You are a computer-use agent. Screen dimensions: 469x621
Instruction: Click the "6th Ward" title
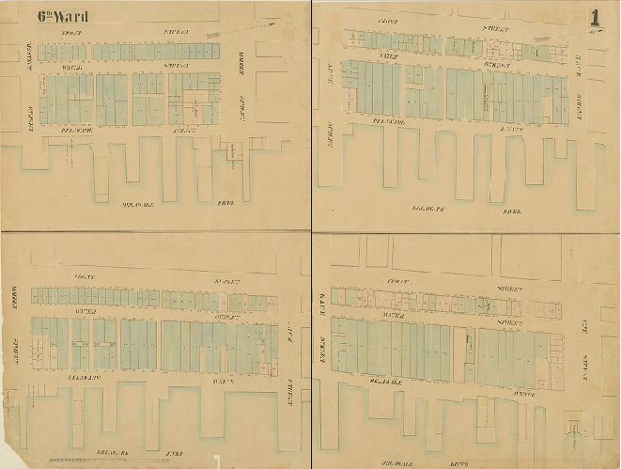pos(63,16)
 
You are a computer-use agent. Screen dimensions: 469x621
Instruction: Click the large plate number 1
pos(595,17)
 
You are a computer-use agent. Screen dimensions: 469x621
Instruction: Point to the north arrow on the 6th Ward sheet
pos(267,29)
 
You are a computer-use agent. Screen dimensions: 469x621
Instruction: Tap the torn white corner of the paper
pos(218,461)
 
